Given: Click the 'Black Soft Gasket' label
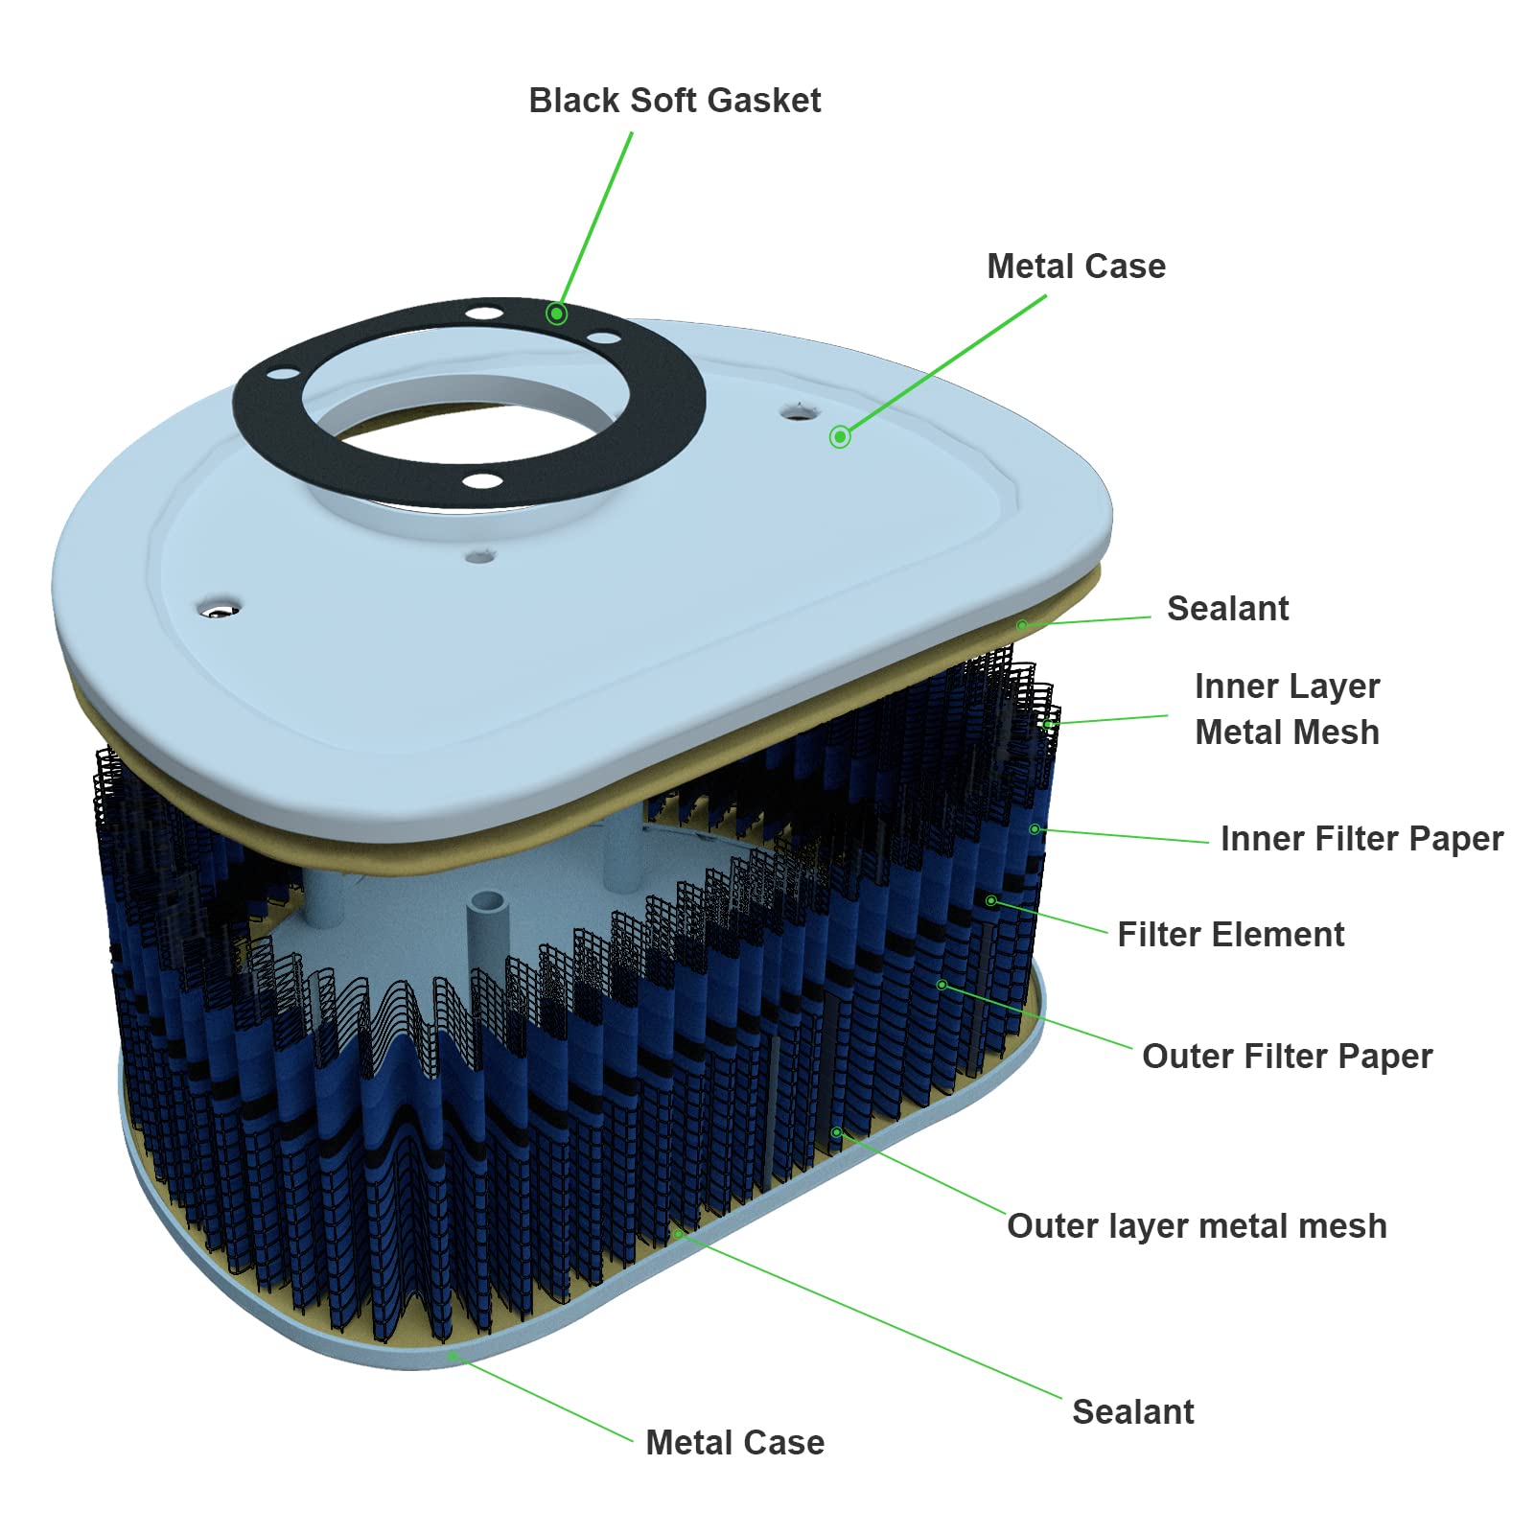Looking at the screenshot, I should pos(674,101).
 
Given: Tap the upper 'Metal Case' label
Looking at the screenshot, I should pos(1076,267).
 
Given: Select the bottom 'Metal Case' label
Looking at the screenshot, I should pos(734,1443).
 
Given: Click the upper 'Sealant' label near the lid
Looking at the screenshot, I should pos(1227,609).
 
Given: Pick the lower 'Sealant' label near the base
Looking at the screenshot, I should pos(1132,1412).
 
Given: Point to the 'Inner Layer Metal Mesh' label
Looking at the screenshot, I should pos(1287,709).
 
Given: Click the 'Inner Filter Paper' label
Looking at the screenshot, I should pos(1361,839).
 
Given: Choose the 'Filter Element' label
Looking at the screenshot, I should pos(1230,935).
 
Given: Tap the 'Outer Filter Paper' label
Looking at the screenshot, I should pos(1287,1057).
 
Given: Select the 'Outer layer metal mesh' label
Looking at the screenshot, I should pos(1197,1226).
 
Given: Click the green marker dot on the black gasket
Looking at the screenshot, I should pos(556,314).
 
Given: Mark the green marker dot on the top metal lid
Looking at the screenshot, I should pos(840,437).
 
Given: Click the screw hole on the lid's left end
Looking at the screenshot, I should pos(219,610).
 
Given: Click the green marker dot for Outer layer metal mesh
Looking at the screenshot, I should pos(836,1132).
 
